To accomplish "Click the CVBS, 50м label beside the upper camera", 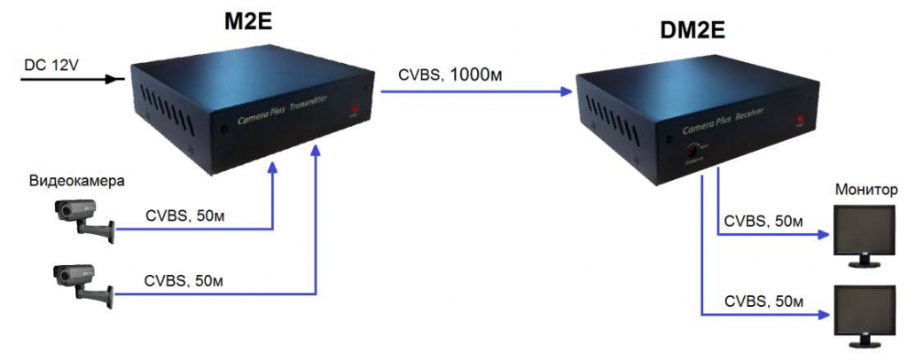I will pos(183,215).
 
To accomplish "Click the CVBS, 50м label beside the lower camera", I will pos(183,281).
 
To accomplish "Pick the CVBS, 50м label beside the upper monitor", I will pos(763,220).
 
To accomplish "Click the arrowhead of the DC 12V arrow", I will pos(114,79).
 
